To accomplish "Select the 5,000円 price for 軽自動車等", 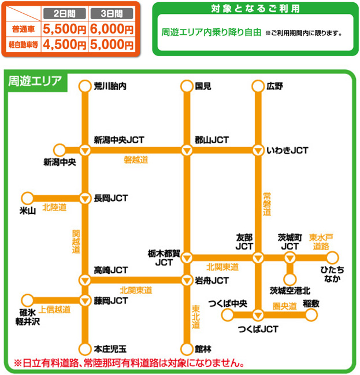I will (112, 44).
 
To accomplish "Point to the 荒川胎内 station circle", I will (85, 86).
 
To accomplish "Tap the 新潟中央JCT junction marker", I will (85, 150).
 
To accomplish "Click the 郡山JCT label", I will (212, 140).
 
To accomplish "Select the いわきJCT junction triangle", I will (258, 150).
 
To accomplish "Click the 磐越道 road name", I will (136, 159).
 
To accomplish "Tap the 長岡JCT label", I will (111, 198).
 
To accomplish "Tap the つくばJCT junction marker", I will (258, 315).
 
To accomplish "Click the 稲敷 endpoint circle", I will (311, 315).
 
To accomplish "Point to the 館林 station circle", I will (186, 349).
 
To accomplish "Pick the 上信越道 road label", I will (55, 310).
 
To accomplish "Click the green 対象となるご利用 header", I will (254, 9).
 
